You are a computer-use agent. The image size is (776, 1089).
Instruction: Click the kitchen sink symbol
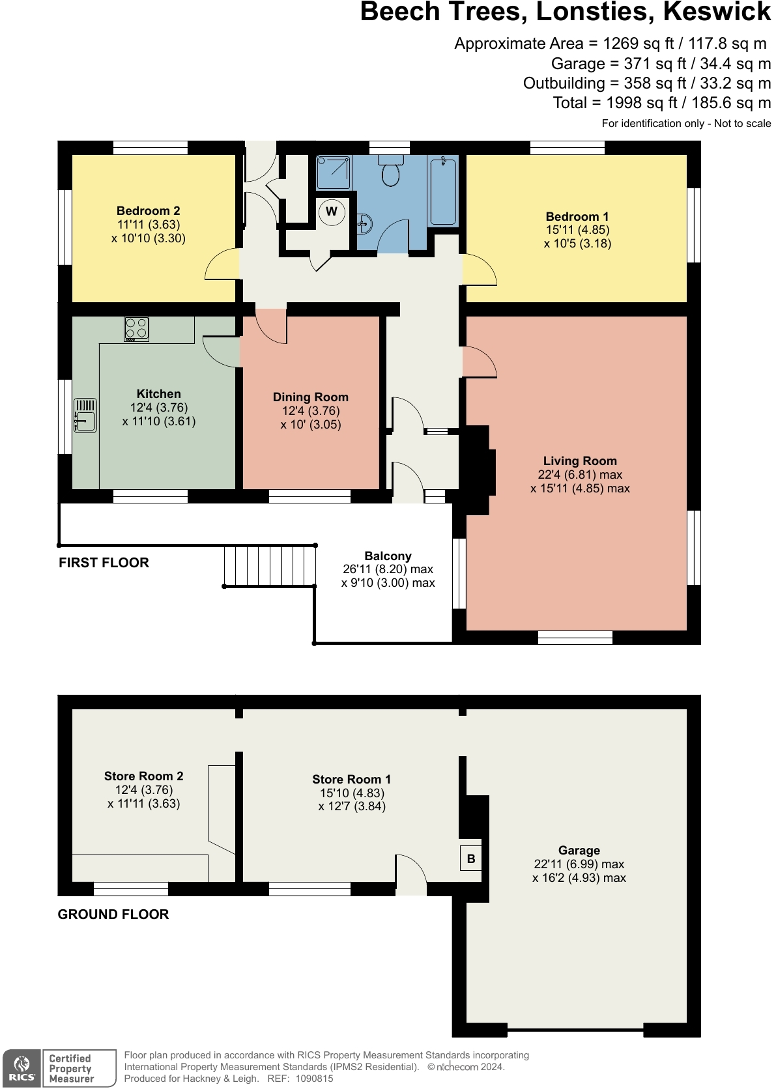click(x=85, y=416)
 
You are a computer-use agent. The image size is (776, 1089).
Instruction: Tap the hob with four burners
click(x=137, y=329)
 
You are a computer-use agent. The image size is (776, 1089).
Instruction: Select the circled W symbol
click(x=332, y=212)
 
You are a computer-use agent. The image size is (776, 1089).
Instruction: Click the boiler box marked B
click(x=471, y=858)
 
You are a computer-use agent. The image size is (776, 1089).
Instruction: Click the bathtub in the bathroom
click(x=443, y=190)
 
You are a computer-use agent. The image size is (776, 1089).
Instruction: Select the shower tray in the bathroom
click(x=334, y=173)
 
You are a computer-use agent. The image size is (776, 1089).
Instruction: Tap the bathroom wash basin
click(x=364, y=223)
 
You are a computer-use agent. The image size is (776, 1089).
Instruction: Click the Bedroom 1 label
click(x=577, y=216)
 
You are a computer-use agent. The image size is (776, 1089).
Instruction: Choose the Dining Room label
click(x=310, y=397)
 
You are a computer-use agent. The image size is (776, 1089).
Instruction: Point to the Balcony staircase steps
click(x=269, y=566)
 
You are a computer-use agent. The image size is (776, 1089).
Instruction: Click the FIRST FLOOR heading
click(x=104, y=563)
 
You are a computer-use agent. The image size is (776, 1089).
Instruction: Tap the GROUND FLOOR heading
click(x=113, y=914)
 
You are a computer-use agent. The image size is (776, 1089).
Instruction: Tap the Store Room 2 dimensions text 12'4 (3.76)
click(x=144, y=790)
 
